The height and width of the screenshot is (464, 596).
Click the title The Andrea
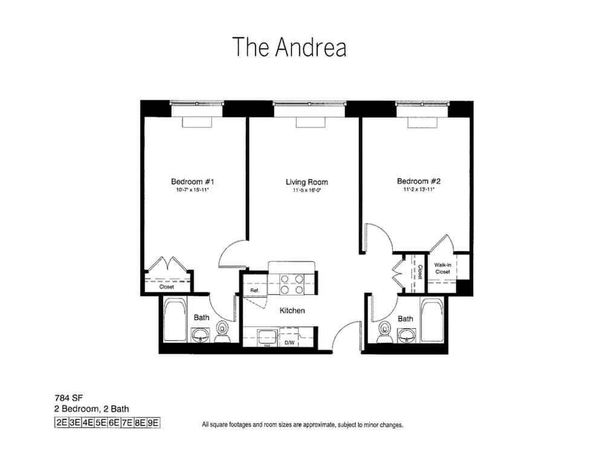[290, 47]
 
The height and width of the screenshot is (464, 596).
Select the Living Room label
[306, 182]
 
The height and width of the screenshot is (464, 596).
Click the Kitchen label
[292, 311]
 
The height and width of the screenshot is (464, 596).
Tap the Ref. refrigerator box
[254, 291]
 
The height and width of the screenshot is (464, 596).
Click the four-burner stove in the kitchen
[292, 283]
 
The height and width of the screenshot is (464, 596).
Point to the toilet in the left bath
[222, 331]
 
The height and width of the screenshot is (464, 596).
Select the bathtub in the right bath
[433, 320]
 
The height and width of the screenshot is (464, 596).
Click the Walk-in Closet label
[442, 268]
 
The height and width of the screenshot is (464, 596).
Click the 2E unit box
[61, 422]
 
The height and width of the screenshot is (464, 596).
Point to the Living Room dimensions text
[306, 190]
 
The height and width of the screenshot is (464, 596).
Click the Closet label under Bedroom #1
[167, 287]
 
